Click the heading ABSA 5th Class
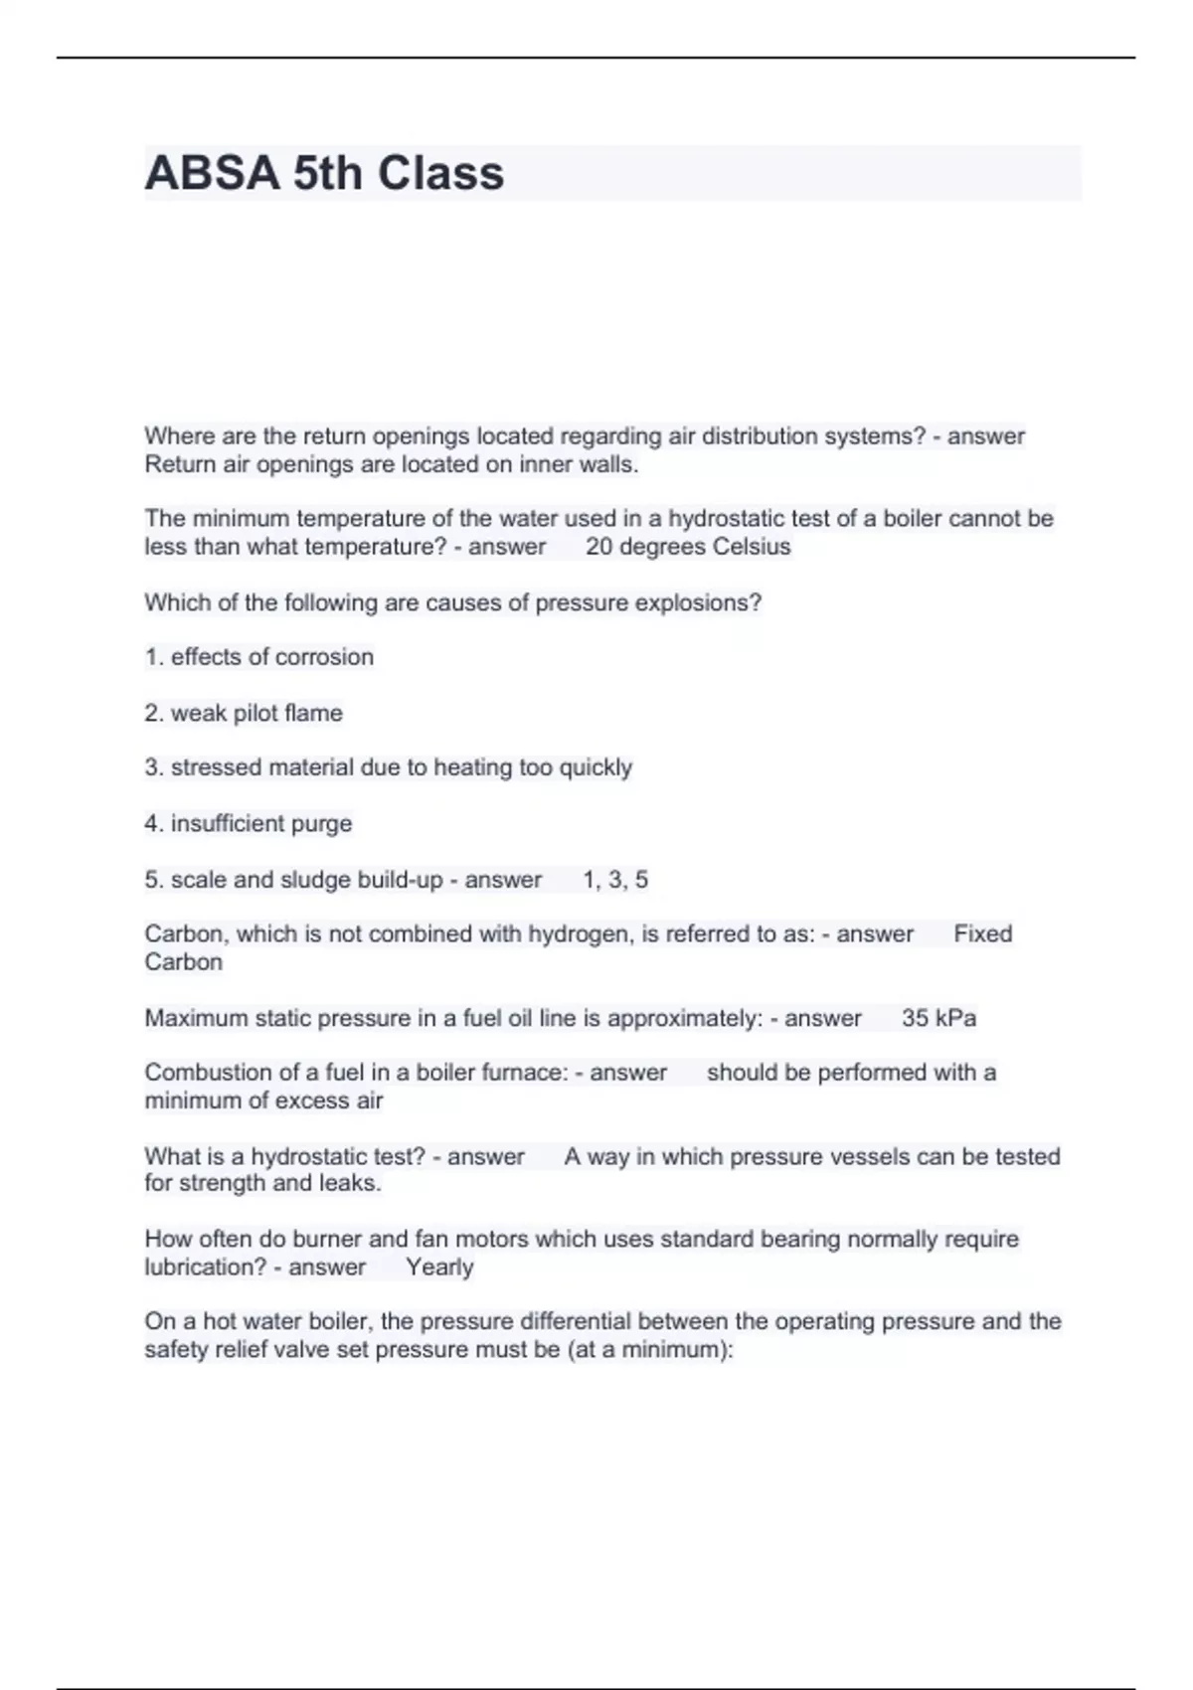coord(324,173)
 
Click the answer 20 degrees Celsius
coord(688,547)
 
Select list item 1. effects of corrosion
coord(259,657)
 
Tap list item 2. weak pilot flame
coord(244,713)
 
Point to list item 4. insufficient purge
coord(249,823)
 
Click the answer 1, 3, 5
coord(615,880)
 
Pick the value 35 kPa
coord(938,1018)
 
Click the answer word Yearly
coord(439,1267)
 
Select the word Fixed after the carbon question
coord(982,933)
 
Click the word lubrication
coord(205,1267)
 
